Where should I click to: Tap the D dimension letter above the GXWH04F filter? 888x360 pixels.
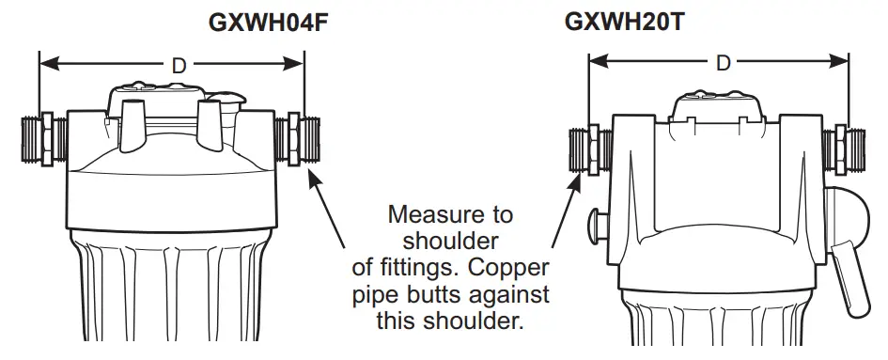point(179,65)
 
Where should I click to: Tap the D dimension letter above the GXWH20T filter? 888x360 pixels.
point(723,64)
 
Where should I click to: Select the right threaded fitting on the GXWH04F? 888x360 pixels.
point(302,142)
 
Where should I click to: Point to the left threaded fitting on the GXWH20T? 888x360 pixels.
point(590,149)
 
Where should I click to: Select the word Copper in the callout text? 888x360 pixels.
point(515,268)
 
